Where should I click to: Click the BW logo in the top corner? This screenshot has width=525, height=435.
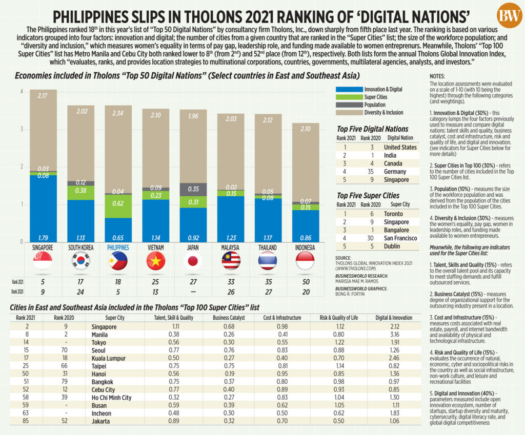point(509,15)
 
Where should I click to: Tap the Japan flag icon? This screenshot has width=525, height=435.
point(193,261)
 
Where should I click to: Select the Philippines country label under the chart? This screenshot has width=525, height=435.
point(118,247)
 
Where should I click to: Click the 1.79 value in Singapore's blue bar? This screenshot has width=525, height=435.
point(43,238)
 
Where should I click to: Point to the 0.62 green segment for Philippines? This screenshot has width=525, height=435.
point(118,206)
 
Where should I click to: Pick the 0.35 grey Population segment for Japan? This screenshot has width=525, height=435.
point(193,190)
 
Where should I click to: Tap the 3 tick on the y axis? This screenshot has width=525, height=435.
point(22,129)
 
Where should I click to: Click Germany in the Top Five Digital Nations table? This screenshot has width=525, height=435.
point(395,172)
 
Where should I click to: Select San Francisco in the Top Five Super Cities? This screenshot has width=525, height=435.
point(400,238)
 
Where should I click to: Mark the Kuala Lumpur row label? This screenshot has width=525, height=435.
point(109,358)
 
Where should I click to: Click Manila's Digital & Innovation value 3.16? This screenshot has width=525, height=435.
point(395,334)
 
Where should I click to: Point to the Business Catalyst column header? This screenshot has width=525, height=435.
point(229,318)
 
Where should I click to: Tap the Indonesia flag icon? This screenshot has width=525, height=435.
point(305,261)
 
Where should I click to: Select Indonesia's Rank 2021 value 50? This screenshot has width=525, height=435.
point(306,282)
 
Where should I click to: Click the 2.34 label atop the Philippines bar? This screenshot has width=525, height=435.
point(118,113)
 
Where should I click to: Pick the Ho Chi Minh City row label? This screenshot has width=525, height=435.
point(111,398)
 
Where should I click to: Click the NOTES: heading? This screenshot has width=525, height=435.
point(437,76)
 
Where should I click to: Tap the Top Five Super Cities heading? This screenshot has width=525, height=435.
point(368,195)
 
